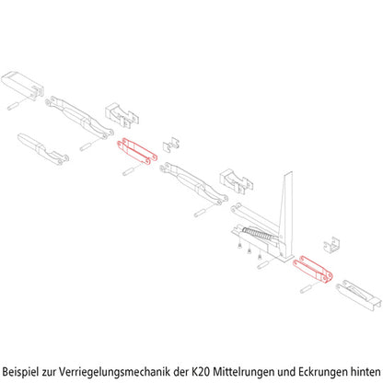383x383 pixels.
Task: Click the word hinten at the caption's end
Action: point(366,372)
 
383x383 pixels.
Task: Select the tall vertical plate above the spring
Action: point(286,215)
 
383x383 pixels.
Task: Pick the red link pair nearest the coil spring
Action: point(312,269)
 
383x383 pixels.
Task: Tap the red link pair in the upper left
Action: point(137,151)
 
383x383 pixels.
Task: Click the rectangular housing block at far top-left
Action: point(22,84)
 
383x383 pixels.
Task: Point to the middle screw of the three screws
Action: point(249,251)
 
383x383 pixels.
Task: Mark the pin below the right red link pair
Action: point(307,288)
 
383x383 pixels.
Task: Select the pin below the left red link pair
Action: point(130,171)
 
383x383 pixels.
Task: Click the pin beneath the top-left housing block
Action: point(14,105)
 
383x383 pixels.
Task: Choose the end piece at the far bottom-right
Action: point(359,295)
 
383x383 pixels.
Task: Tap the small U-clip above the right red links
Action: point(331,246)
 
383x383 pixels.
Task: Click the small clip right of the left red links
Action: point(170,145)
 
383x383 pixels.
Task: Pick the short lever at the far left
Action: point(43,149)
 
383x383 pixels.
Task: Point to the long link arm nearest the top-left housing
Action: point(79,118)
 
